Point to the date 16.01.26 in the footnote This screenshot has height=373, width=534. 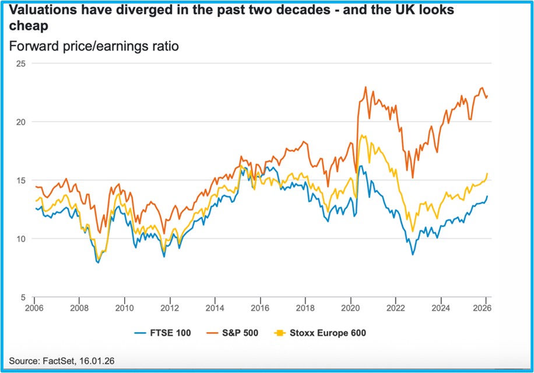click(x=97, y=361)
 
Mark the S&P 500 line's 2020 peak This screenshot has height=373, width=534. click(x=365, y=87)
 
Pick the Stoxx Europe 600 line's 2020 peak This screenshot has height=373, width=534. click(x=363, y=135)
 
